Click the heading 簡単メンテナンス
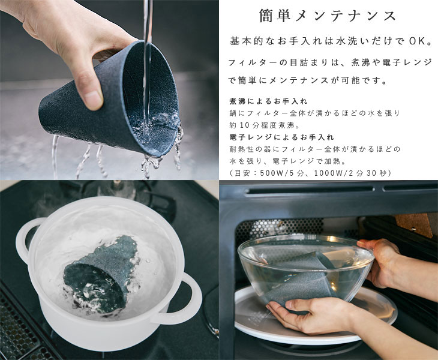328,16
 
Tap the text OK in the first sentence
417,41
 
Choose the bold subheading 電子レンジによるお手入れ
281,137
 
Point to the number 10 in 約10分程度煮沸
244,125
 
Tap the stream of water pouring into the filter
147,64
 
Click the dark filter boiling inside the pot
101,276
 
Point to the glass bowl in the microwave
305,269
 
